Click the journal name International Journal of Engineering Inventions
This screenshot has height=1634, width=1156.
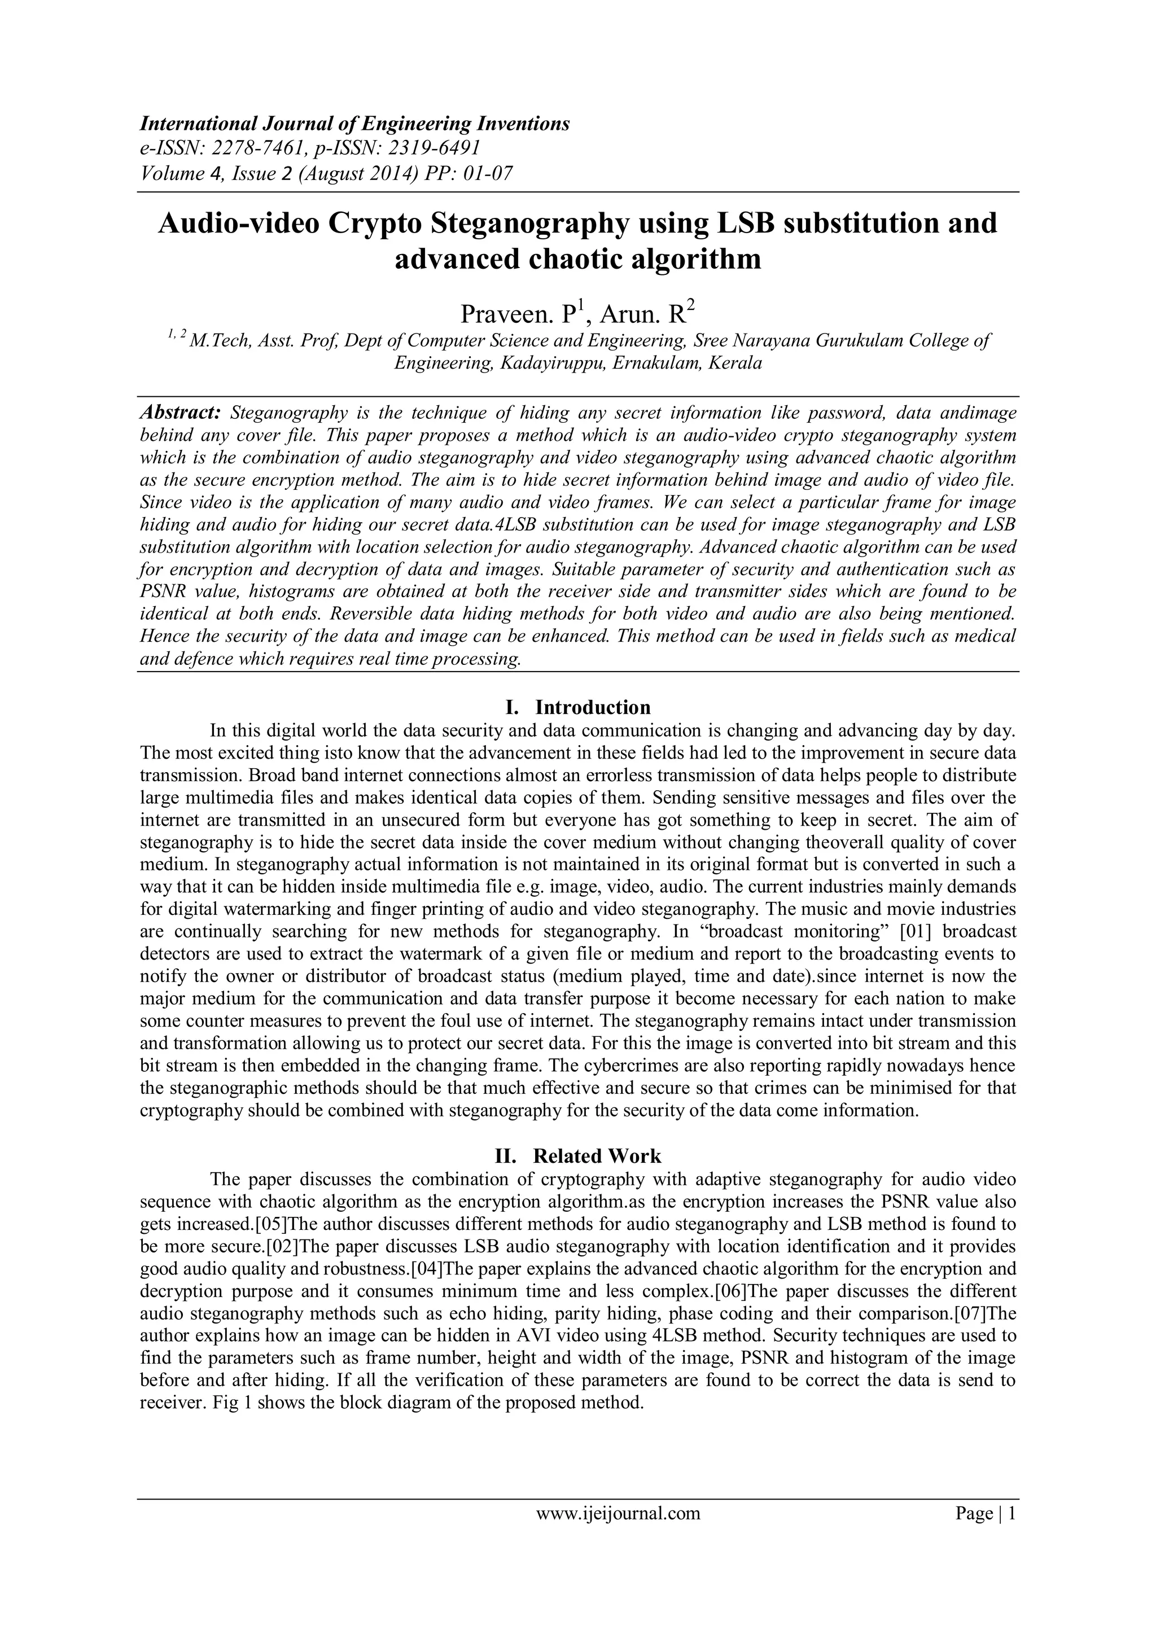[x=354, y=124]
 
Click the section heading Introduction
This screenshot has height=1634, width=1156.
[x=592, y=707]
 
